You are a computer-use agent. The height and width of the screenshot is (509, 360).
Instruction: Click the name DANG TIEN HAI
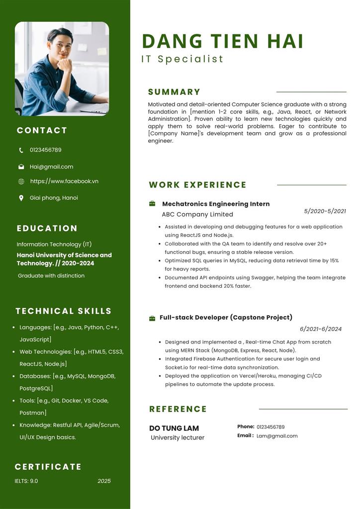[x=222, y=41]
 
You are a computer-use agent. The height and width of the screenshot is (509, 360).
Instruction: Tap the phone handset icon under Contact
[x=21, y=150]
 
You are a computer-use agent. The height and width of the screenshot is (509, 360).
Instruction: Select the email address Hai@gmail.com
[x=51, y=167]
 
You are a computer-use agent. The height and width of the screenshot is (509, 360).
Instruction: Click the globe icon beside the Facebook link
[x=21, y=181]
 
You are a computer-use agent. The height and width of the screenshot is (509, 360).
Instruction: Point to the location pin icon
[x=21, y=198]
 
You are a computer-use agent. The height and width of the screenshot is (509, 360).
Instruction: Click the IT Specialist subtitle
[x=182, y=59]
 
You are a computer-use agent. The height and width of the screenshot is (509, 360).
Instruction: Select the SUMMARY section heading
[x=174, y=92]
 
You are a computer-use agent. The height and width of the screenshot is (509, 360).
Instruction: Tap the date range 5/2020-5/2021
[x=325, y=211]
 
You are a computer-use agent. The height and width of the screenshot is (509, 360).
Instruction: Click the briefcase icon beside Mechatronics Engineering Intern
[x=152, y=204]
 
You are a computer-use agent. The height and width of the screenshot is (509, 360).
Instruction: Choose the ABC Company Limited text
[x=197, y=215]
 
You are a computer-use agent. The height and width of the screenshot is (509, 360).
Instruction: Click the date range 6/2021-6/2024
[x=321, y=329]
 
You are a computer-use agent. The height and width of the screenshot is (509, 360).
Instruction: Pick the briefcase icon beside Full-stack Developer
[x=152, y=318]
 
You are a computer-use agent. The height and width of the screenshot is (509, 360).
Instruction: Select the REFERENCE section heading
[x=178, y=409]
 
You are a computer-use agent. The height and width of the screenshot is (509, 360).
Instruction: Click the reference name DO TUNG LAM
[x=174, y=428]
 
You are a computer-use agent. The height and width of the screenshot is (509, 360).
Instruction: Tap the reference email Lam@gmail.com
[x=277, y=436]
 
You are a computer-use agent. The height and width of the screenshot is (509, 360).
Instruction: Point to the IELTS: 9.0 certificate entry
[x=26, y=481]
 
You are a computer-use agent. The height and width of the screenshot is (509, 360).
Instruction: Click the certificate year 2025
[x=104, y=481]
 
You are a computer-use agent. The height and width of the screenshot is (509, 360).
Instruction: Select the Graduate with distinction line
[x=51, y=276]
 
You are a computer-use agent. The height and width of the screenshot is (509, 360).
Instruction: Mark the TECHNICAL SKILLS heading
[x=64, y=311]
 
